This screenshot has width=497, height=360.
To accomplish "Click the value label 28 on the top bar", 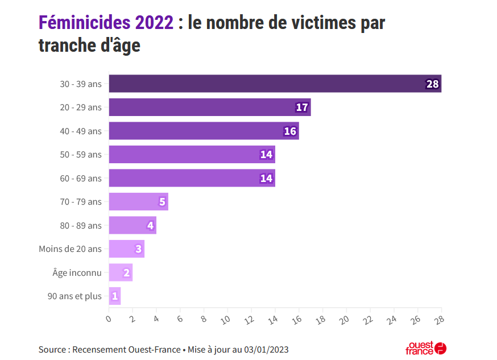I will [x=432, y=84].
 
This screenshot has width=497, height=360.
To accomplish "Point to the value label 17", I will [x=302, y=107].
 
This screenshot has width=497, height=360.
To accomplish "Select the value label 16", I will [x=290, y=131].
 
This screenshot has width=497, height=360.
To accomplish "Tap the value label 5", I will [x=162, y=202].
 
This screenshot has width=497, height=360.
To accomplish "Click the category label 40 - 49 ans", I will [x=81, y=131].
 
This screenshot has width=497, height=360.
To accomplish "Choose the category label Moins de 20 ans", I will [x=70, y=249].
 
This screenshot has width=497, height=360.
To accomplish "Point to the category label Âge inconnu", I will [x=77, y=273].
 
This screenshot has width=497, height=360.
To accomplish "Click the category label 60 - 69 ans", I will [x=81, y=179].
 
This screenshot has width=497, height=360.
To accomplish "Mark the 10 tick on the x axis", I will [x=226, y=320].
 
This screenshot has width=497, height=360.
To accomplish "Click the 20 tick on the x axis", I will [x=345, y=320].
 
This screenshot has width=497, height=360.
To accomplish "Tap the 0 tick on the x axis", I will [x=109, y=319].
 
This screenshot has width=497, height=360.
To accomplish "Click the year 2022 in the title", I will [x=154, y=23].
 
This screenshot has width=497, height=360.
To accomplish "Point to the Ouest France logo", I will [x=425, y=348].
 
